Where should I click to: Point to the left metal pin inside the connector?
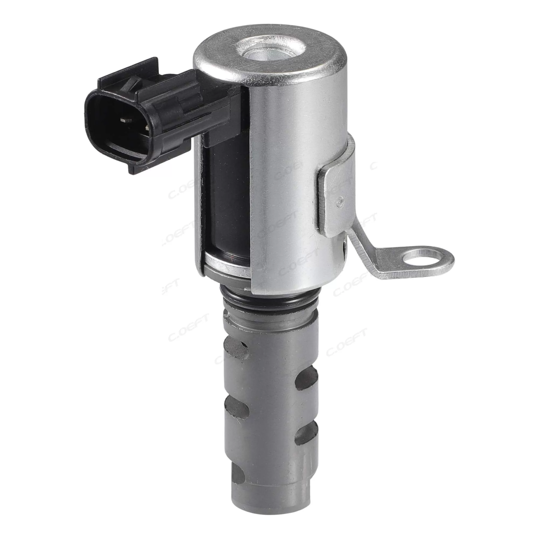tap(124, 120)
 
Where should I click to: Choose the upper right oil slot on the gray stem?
tap(307, 378)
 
